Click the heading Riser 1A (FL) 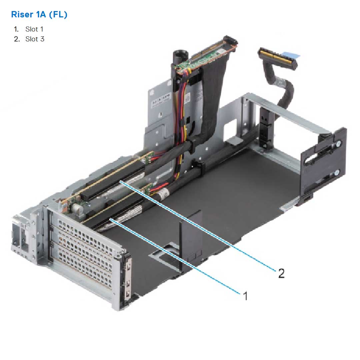point(39,15)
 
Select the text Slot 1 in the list point(34,29)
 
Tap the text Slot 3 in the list point(35,39)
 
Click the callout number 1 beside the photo point(246,295)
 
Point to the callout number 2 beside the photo point(281,274)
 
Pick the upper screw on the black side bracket point(338,144)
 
